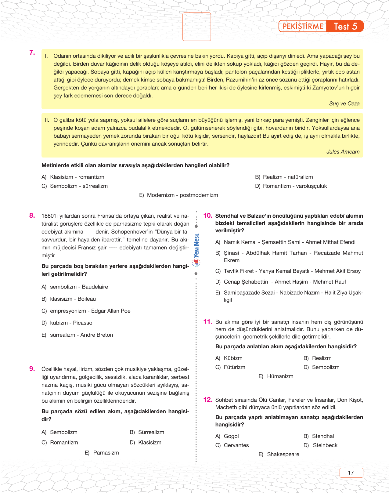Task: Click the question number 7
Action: pyautogui.click(x=32, y=53)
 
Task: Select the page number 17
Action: pyautogui.click(x=351, y=473)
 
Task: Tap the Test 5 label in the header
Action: pyautogui.click(x=345, y=26)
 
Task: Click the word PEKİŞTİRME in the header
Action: pyautogui.click(x=303, y=26)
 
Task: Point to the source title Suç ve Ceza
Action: pyautogui.click(x=344, y=103)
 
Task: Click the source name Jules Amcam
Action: pyautogui.click(x=343, y=152)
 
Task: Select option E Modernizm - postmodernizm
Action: pyautogui.click(x=178, y=195)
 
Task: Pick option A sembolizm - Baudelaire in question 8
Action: pyautogui.click(x=75, y=287)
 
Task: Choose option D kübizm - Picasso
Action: pyautogui.click(x=67, y=323)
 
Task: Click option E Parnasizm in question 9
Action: pyautogui.click(x=102, y=453)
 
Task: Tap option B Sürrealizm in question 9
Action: pyautogui.click(x=147, y=432)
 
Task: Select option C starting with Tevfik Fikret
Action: pyautogui.click(x=288, y=271)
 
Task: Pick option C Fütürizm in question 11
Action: pyautogui.click(x=230, y=367)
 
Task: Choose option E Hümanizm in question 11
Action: pyautogui.click(x=276, y=376)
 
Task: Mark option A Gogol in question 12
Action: pyautogui.click(x=227, y=436)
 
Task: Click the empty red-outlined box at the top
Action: pyautogui.click(x=196, y=27)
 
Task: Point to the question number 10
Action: pyautogui.click(x=207, y=216)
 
